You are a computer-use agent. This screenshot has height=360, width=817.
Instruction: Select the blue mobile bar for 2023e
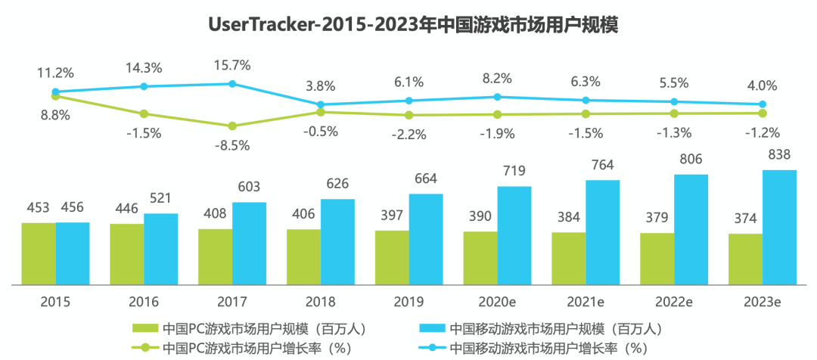coord(779,227)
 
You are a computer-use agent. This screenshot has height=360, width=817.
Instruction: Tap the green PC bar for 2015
coord(39,253)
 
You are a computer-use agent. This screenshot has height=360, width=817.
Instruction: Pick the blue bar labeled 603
coord(250,244)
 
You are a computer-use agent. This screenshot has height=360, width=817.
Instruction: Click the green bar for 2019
coord(392,257)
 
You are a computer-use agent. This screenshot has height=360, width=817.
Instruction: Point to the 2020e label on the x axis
coord(497,301)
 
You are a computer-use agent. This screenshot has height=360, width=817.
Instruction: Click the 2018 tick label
coord(320,301)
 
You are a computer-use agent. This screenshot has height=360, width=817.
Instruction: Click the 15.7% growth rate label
coord(232,65)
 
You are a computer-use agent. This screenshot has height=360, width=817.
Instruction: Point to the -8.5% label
coord(232,145)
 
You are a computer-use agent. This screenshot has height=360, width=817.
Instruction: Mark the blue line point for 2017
coord(232,83)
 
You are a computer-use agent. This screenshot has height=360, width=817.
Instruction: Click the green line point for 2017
coord(232,126)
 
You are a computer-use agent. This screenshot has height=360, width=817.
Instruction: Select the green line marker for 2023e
coord(763,113)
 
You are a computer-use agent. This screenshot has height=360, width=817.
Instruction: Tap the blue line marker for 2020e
coord(497,97)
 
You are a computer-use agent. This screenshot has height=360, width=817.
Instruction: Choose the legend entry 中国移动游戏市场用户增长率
coord(538,349)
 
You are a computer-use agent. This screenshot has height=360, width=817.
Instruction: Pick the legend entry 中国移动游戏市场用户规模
coord(538,329)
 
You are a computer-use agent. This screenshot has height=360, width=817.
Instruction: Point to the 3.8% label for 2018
coord(320,85)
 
